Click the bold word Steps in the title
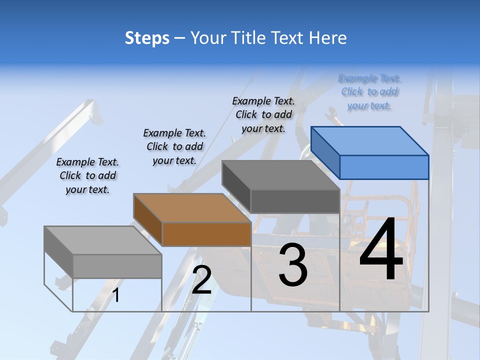147,38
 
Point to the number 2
201,279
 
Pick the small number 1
116,295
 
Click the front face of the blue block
384,167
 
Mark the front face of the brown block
206,234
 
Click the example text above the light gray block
87,175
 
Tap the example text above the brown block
174,146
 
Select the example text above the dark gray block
263,114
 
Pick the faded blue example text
369,92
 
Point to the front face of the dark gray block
295,201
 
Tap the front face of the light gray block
117,266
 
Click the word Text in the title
289,38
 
